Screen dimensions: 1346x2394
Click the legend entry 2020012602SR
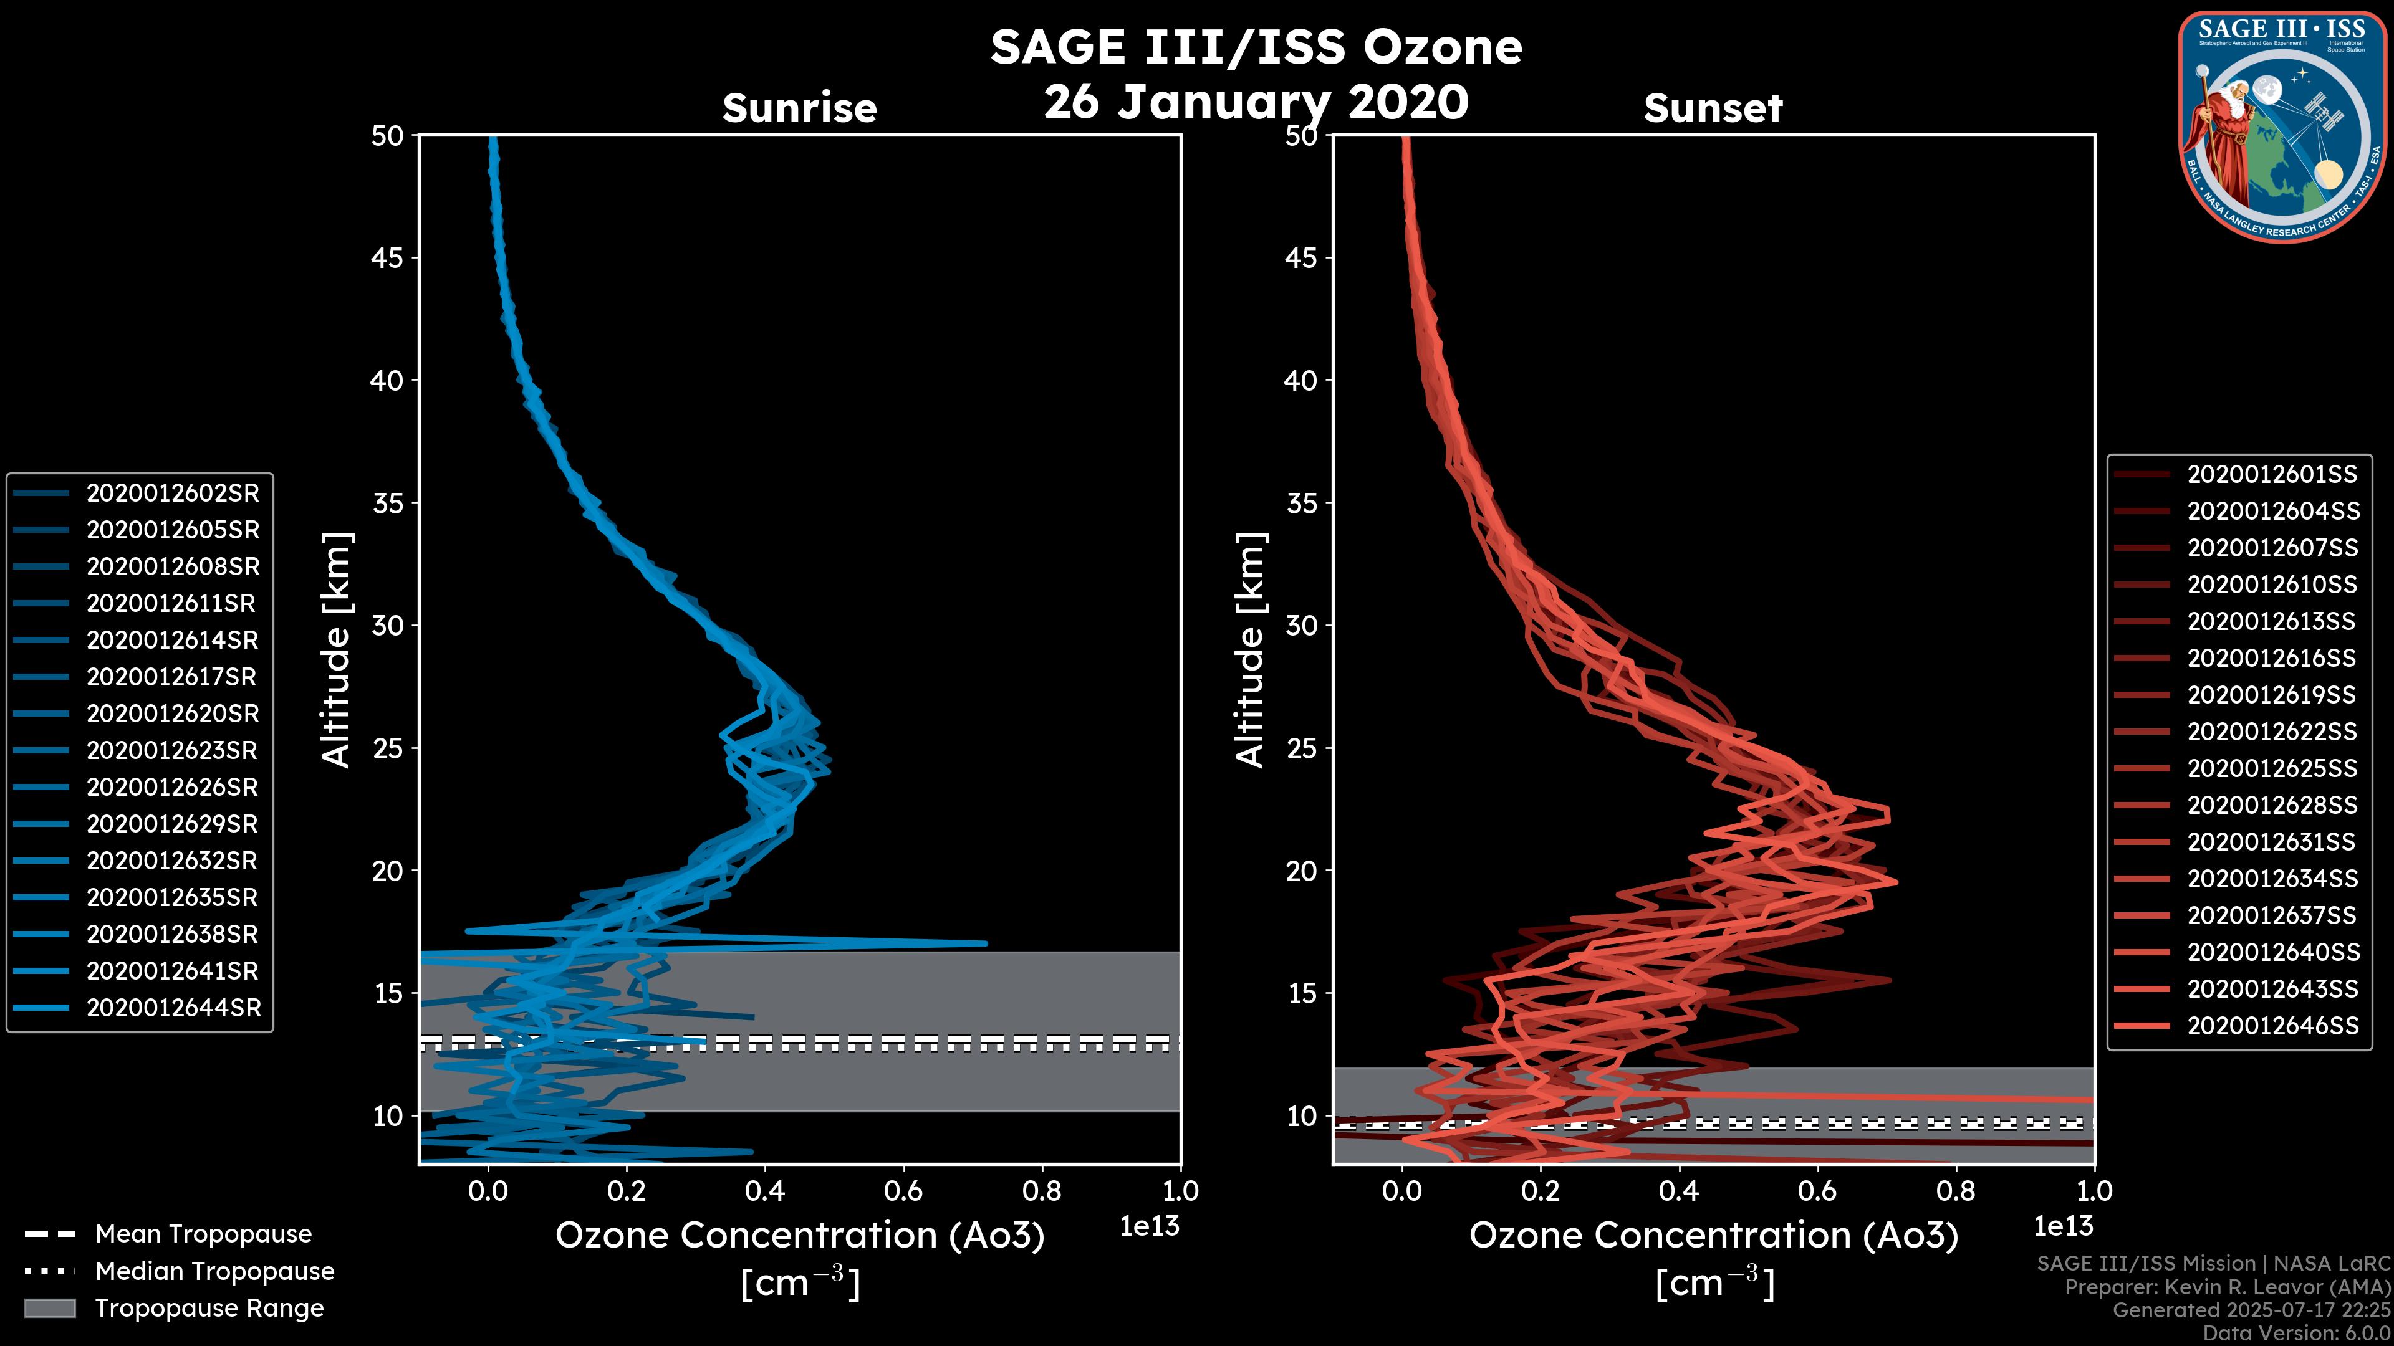pos(173,494)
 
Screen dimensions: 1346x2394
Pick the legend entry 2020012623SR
pos(173,750)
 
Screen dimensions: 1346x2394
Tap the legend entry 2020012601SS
pos(2271,475)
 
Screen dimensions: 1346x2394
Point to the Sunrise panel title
pos(799,108)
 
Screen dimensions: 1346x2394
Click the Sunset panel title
pos(1713,108)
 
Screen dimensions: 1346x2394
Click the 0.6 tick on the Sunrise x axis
pos(903,1191)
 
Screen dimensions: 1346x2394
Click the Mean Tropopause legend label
pos(203,1234)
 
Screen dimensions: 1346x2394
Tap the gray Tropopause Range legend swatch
pos(49,1308)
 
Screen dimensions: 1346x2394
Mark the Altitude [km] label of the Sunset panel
pos(1250,650)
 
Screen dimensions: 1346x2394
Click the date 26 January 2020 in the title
pos(1256,101)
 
